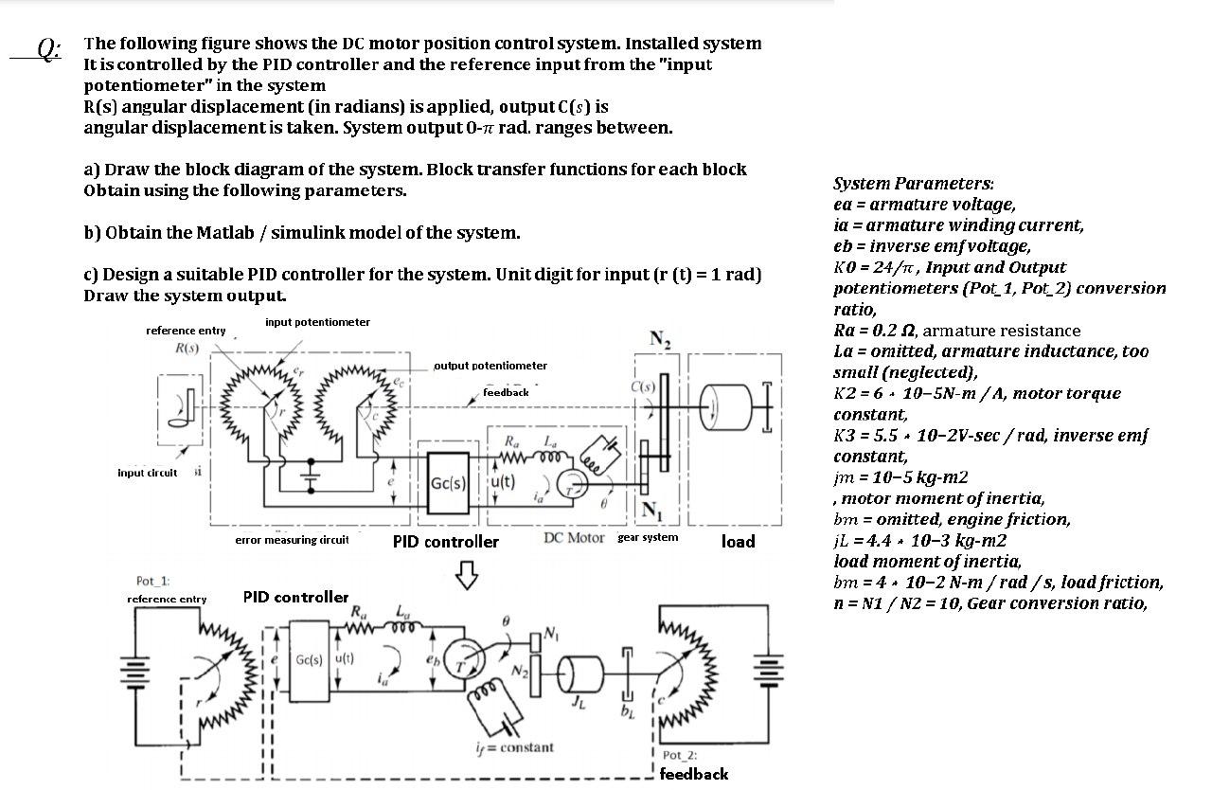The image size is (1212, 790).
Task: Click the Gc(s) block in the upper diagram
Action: coord(448,482)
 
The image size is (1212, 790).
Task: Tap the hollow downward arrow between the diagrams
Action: coord(466,574)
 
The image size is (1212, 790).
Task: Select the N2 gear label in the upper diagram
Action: coord(660,340)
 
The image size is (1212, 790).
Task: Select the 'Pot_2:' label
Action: coord(679,755)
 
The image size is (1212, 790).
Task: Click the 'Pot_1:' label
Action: coord(152,580)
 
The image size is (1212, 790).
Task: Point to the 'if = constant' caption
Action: coord(514,747)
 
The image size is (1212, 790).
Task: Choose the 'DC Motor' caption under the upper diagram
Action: coord(574,538)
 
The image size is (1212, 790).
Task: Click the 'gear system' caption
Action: coord(648,538)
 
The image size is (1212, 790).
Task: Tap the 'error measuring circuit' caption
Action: coord(292,540)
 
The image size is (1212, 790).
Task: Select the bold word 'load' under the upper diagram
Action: coord(738,541)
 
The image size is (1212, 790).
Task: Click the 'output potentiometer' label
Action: coord(490,366)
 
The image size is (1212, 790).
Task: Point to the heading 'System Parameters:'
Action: coord(913,184)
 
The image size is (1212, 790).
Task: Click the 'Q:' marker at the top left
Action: coord(48,47)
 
